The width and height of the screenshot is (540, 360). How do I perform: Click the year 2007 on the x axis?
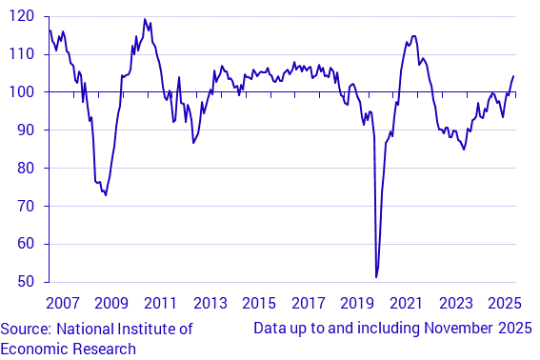(x=62, y=304)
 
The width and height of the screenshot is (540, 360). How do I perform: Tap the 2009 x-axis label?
(x=111, y=304)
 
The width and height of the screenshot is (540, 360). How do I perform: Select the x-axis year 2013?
(x=210, y=304)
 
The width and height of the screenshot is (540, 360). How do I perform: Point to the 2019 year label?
(x=357, y=304)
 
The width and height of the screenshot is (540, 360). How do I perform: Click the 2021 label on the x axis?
(x=407, y=304)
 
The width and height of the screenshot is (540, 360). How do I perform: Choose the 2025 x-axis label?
(x=505, y=304)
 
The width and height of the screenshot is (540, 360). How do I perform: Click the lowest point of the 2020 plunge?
(x=376, y=277)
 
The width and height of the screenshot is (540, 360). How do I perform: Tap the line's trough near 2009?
(x=106, y=195)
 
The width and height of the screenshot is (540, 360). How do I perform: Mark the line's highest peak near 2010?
(x=145, y=19)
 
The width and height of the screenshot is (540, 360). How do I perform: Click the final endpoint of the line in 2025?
(x=514, y=76)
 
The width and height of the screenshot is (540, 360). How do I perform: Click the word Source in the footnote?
(x=26, y=330)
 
